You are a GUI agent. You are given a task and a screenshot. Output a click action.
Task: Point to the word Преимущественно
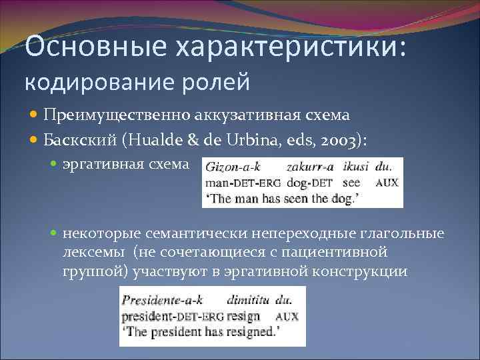(x=117, y=115)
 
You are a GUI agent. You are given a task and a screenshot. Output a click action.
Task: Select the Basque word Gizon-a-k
(x=233, y=167)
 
